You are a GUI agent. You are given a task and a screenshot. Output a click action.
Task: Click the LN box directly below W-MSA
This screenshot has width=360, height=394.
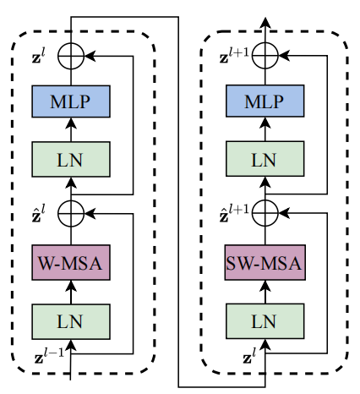[71, 321]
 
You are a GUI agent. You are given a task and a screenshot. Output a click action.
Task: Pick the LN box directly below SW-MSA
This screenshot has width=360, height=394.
[265, 321]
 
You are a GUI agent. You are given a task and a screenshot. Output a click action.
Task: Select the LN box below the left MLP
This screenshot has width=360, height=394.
[71, 158]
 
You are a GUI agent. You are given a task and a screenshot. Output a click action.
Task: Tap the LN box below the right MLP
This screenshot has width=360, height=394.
[265, 158]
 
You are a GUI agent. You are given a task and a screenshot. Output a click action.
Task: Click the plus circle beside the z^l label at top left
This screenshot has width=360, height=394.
[71, 56]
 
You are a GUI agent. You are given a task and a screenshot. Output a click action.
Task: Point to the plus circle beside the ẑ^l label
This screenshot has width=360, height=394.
[71, 212]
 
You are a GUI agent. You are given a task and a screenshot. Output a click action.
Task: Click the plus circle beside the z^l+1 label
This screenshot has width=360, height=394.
[265, 56]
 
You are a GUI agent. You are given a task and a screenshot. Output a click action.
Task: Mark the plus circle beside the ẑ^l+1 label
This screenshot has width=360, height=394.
[265, 212]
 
